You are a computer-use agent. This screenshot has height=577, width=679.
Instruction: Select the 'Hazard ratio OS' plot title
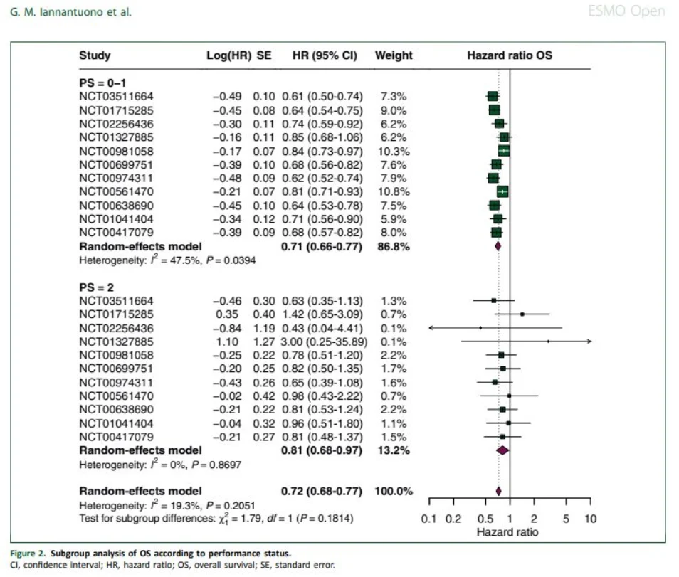pyautogui.click(x=509, y=55)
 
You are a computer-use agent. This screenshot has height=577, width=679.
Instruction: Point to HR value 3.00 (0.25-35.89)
pyautogui.click(x=322, y=342)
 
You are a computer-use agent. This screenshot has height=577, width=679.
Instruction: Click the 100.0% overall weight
pyautogui.click(x=393, y=491)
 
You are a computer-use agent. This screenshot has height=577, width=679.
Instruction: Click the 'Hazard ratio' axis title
pyautogui.click(x=507, y=532)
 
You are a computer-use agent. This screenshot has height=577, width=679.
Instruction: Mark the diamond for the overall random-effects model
pyautogui.click(x=498, y=490)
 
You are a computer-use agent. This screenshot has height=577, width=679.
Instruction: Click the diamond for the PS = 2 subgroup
pyautogui.click(x=502, y=450)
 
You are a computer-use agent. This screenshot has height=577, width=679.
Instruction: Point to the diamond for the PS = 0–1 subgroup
pyautogui.click(x=498, y=246)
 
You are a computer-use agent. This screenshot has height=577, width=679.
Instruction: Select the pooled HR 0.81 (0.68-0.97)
pyautogui.click(x=322, y=450)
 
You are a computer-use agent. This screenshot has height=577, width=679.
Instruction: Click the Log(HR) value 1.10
pyautogui.click(x=238, y=342)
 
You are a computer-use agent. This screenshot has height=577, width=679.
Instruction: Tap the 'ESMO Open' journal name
pyautogui.click(x=638, y=11)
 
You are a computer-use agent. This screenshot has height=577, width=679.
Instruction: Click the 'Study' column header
pyautogui.click(x=95, y=55)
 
